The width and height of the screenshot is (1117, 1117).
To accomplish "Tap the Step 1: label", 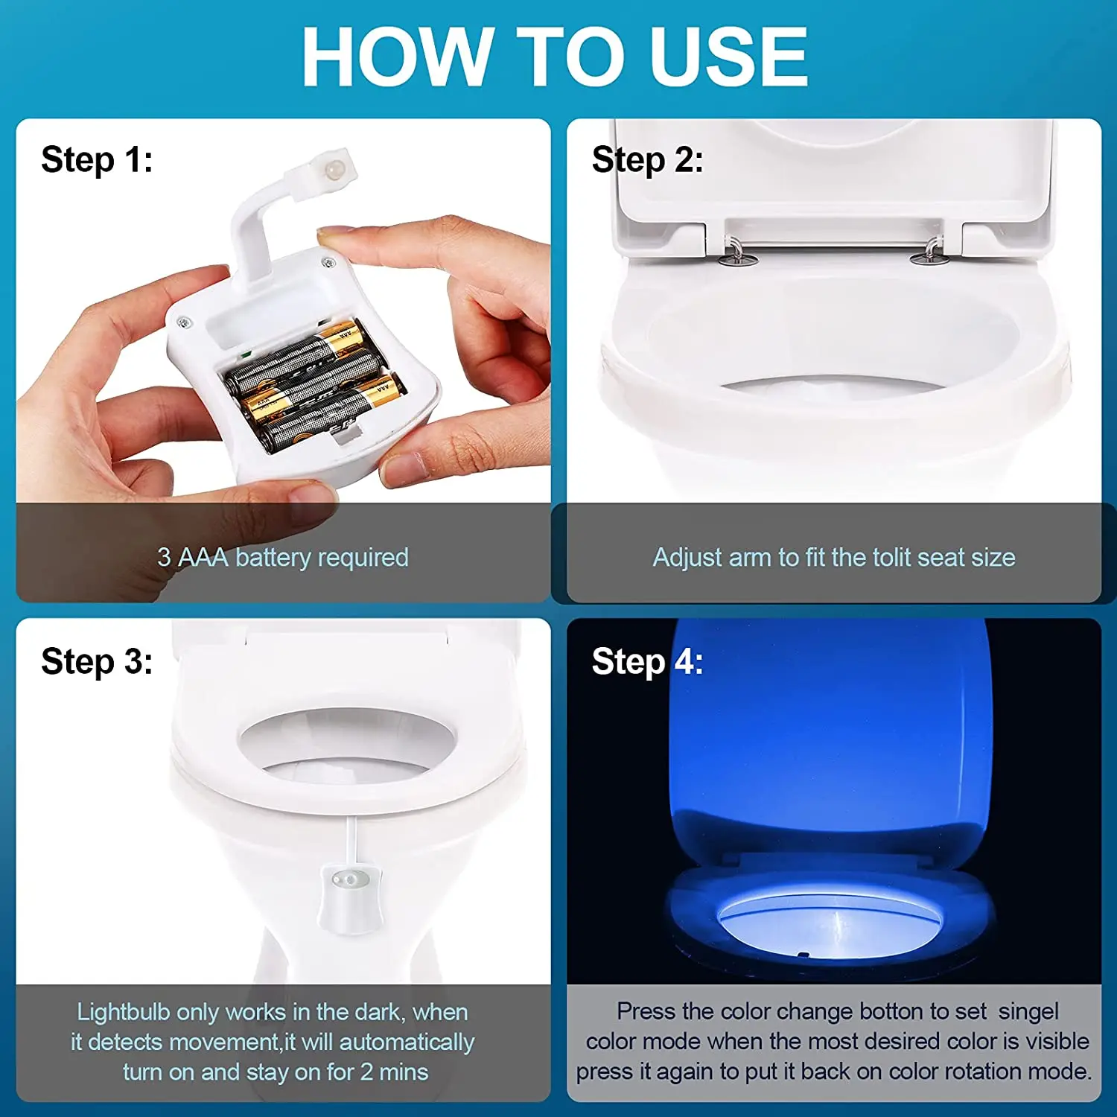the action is click(97, 160).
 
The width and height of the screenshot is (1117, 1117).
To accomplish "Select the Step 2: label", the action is click(647, 160).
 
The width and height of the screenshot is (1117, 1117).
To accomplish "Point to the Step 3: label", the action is click(97, 661).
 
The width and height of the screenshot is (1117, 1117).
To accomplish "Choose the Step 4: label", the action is click(647, 661).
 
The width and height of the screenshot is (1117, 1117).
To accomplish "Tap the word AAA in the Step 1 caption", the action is click(203, 557).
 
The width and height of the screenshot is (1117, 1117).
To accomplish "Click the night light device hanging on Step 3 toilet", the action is click(350, 897).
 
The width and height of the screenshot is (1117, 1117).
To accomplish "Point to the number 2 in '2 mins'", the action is click(366, 1072).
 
